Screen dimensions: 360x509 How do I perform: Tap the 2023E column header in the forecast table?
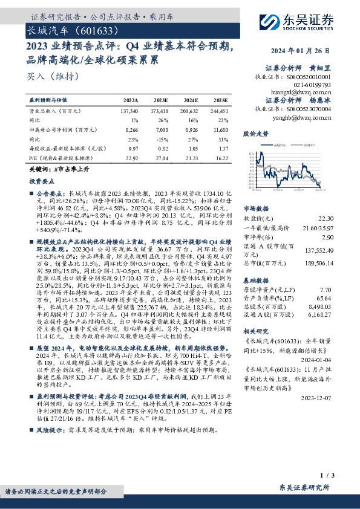click(x=161, y=100)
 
